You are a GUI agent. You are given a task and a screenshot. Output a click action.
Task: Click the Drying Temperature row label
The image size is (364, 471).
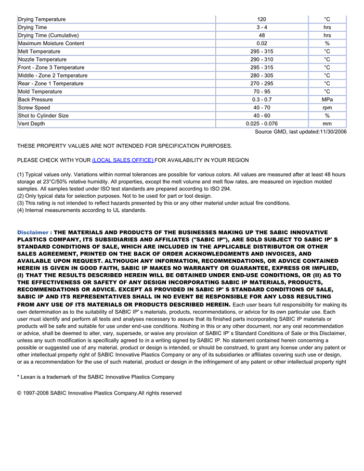click(x=42, y=19)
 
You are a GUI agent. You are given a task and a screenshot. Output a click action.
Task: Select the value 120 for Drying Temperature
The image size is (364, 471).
click(x=262, y=19)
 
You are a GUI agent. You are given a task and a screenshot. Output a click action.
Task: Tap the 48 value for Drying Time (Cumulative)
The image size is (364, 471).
click(x=262, y=35)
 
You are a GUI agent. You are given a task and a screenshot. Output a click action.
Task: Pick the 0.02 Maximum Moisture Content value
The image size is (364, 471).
click(x=262, y=43)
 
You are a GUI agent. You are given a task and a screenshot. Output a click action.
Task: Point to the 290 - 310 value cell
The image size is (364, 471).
click(x=262, y=59)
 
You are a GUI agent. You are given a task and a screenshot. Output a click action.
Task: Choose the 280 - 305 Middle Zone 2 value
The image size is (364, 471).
click(x=262, y=75)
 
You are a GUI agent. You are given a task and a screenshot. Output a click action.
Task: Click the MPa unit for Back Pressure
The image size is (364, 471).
click(x=327, y=99)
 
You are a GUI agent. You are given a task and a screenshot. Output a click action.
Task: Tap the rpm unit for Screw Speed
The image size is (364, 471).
click(x=327, y=108)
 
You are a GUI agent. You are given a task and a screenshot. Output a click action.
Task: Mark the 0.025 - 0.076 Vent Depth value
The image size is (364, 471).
click(x=262, y=124)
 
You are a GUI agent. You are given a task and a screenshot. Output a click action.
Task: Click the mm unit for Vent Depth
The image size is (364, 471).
click(x=327, y=124)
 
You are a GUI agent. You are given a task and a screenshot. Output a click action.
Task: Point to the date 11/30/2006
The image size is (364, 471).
click(x=333, y=132)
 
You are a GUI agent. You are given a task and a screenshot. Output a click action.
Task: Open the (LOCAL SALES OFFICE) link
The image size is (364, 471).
click(x=123, y=160)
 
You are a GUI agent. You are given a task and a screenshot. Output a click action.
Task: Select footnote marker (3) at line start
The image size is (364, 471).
click(x=21, y=203)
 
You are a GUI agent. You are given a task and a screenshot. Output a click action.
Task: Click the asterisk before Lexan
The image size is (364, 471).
click(x=18, y=377)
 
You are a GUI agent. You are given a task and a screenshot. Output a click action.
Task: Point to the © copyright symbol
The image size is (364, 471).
click(x=19, y=393)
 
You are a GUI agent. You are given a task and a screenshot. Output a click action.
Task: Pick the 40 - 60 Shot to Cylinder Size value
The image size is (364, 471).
click(x=262, y=116)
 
